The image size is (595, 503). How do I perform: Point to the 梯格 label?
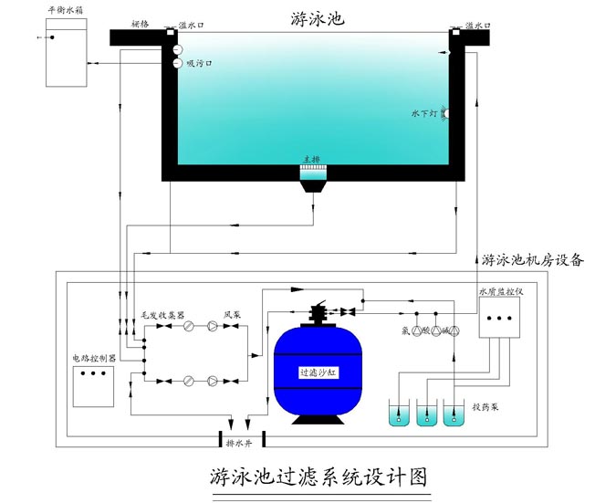pos(140,24)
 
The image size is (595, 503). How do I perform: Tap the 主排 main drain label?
pos(312,158)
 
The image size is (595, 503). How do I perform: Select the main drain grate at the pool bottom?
pos(312,172)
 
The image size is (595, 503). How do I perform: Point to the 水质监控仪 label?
pos(499,293)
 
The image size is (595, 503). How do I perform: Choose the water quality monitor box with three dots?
pos(500,319)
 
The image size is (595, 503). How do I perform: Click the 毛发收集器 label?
pos(162,313)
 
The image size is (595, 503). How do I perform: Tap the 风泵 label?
pos(232,313)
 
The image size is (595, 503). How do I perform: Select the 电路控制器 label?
pos(94,359)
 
